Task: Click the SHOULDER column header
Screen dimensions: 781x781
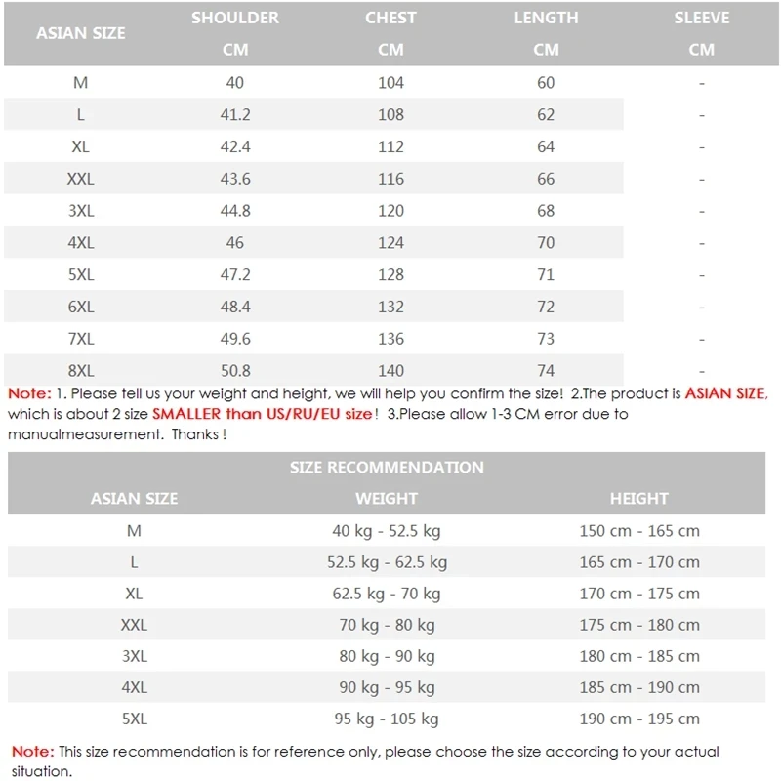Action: coord(234,19)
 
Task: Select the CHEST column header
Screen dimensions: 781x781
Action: coord(390,19)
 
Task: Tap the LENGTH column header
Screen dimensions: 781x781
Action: coord(546,19)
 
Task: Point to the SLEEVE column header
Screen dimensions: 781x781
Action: coord(701,19)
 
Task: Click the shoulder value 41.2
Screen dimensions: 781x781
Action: coord(234,114)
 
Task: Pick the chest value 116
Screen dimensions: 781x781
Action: coord(390,179)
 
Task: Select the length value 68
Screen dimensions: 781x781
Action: coord(546,211)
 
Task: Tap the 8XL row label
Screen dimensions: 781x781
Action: coord(81,371)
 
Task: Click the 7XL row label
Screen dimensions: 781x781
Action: coord(81,339)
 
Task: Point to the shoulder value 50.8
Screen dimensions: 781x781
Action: coord(234,371)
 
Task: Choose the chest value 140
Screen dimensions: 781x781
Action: coord(390,371)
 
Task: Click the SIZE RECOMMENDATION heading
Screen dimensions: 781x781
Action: coord(387,467)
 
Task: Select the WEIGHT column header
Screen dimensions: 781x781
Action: coord(387,499)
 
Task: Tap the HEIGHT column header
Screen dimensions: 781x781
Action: coord(639,499)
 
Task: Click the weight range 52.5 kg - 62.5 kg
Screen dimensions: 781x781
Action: coord(387,562)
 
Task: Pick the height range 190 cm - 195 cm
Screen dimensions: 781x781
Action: coord(639,719)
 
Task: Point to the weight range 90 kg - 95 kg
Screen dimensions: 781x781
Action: coord(387,687)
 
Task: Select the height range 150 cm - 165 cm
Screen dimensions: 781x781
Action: coord(639,531)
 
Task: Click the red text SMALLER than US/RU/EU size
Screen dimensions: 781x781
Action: coord(263,414)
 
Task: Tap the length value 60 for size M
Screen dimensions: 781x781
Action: coord(546,83)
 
